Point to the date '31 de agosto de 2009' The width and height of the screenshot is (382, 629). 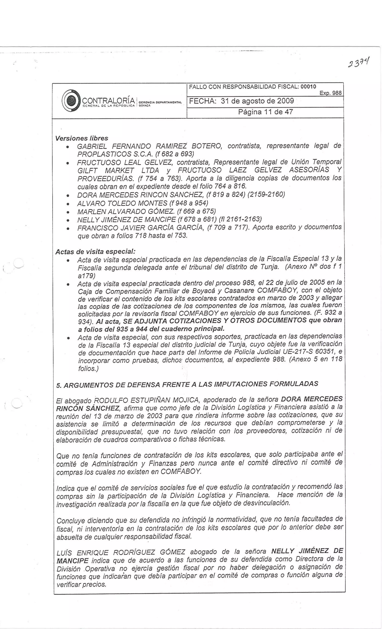[x=257, y=101]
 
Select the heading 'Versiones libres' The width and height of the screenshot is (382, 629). [x=82, y=138]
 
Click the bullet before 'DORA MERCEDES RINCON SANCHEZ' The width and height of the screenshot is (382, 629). [x=68, y=196]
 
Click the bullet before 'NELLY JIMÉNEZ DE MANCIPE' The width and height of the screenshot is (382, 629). [x=68, y=220]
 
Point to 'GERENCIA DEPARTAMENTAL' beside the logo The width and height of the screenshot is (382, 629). [x=160, y=102]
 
